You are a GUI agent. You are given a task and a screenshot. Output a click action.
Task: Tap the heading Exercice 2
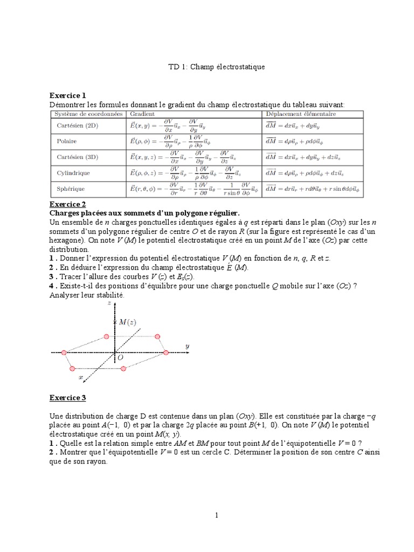tap(67, 204)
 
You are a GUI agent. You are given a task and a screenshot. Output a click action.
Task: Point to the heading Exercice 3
tap(67, 398)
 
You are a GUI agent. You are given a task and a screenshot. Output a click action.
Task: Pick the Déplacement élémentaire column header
tap(300, 114)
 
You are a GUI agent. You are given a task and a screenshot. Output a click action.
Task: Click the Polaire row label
tap(67, 141)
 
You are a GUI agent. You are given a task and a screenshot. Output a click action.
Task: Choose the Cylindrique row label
tap(73, 173)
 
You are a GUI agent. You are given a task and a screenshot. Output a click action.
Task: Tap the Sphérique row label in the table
tap(71, 189)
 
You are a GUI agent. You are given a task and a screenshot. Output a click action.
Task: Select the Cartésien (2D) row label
tap(78, 126)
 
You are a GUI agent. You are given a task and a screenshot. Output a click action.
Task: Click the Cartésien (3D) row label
tap(78, 157)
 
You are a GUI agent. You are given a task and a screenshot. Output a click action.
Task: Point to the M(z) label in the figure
tap(127, 322)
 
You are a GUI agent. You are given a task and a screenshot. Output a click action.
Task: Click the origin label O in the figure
tap(120, 357)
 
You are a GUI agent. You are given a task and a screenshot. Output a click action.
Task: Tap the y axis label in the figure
tap(187, 345)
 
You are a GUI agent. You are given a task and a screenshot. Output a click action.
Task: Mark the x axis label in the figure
tap(81, 378)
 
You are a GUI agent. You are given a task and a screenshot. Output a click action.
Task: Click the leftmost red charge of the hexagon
tap(64, 353)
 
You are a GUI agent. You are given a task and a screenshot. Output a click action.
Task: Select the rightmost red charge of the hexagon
tap(165, 352)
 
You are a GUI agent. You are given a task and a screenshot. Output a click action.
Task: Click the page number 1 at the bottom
tap(216, 515)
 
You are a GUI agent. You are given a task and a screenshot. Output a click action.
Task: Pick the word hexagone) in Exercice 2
tap(67, 241)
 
